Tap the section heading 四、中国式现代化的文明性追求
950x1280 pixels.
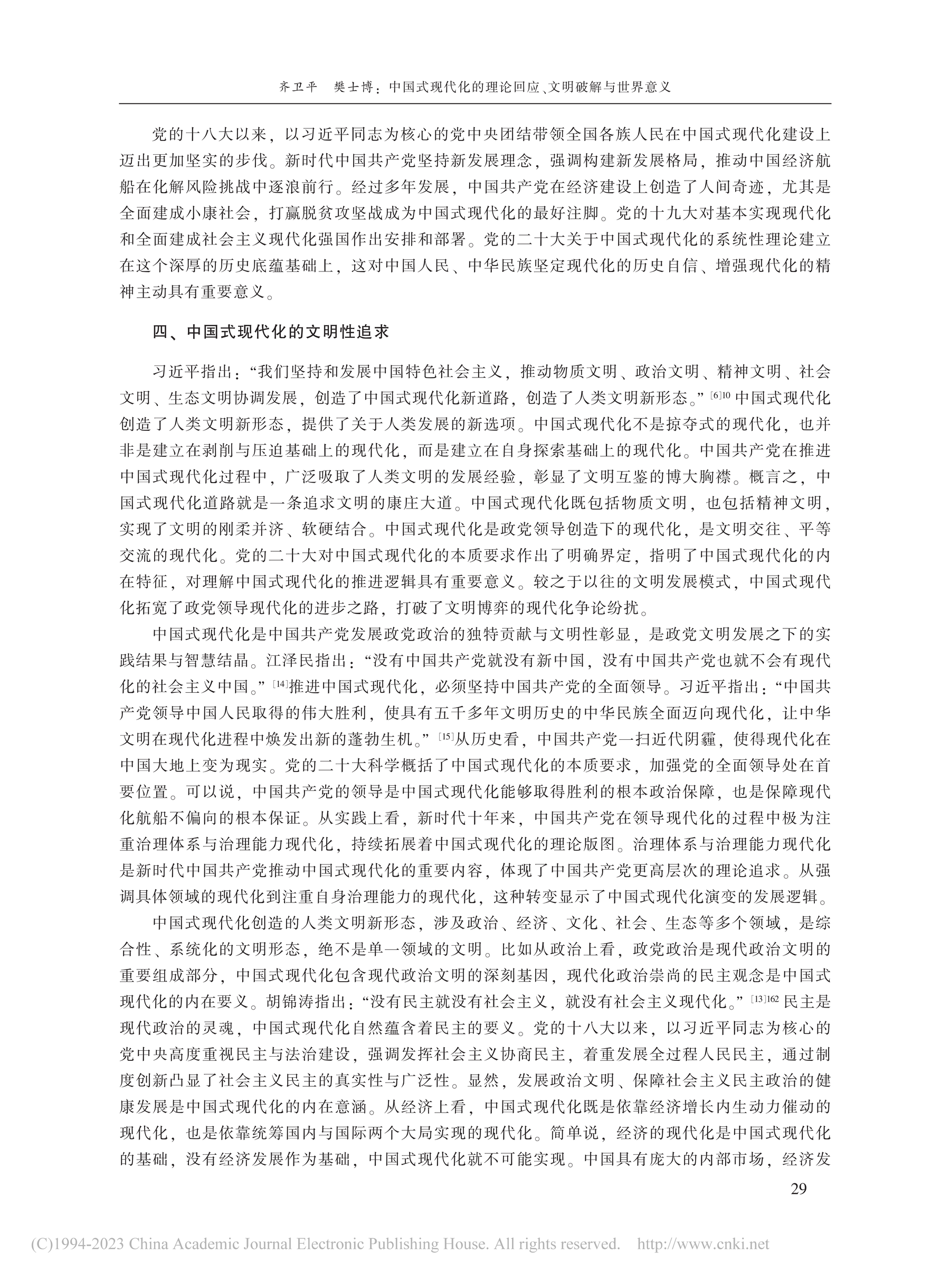[x=270, y=333]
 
